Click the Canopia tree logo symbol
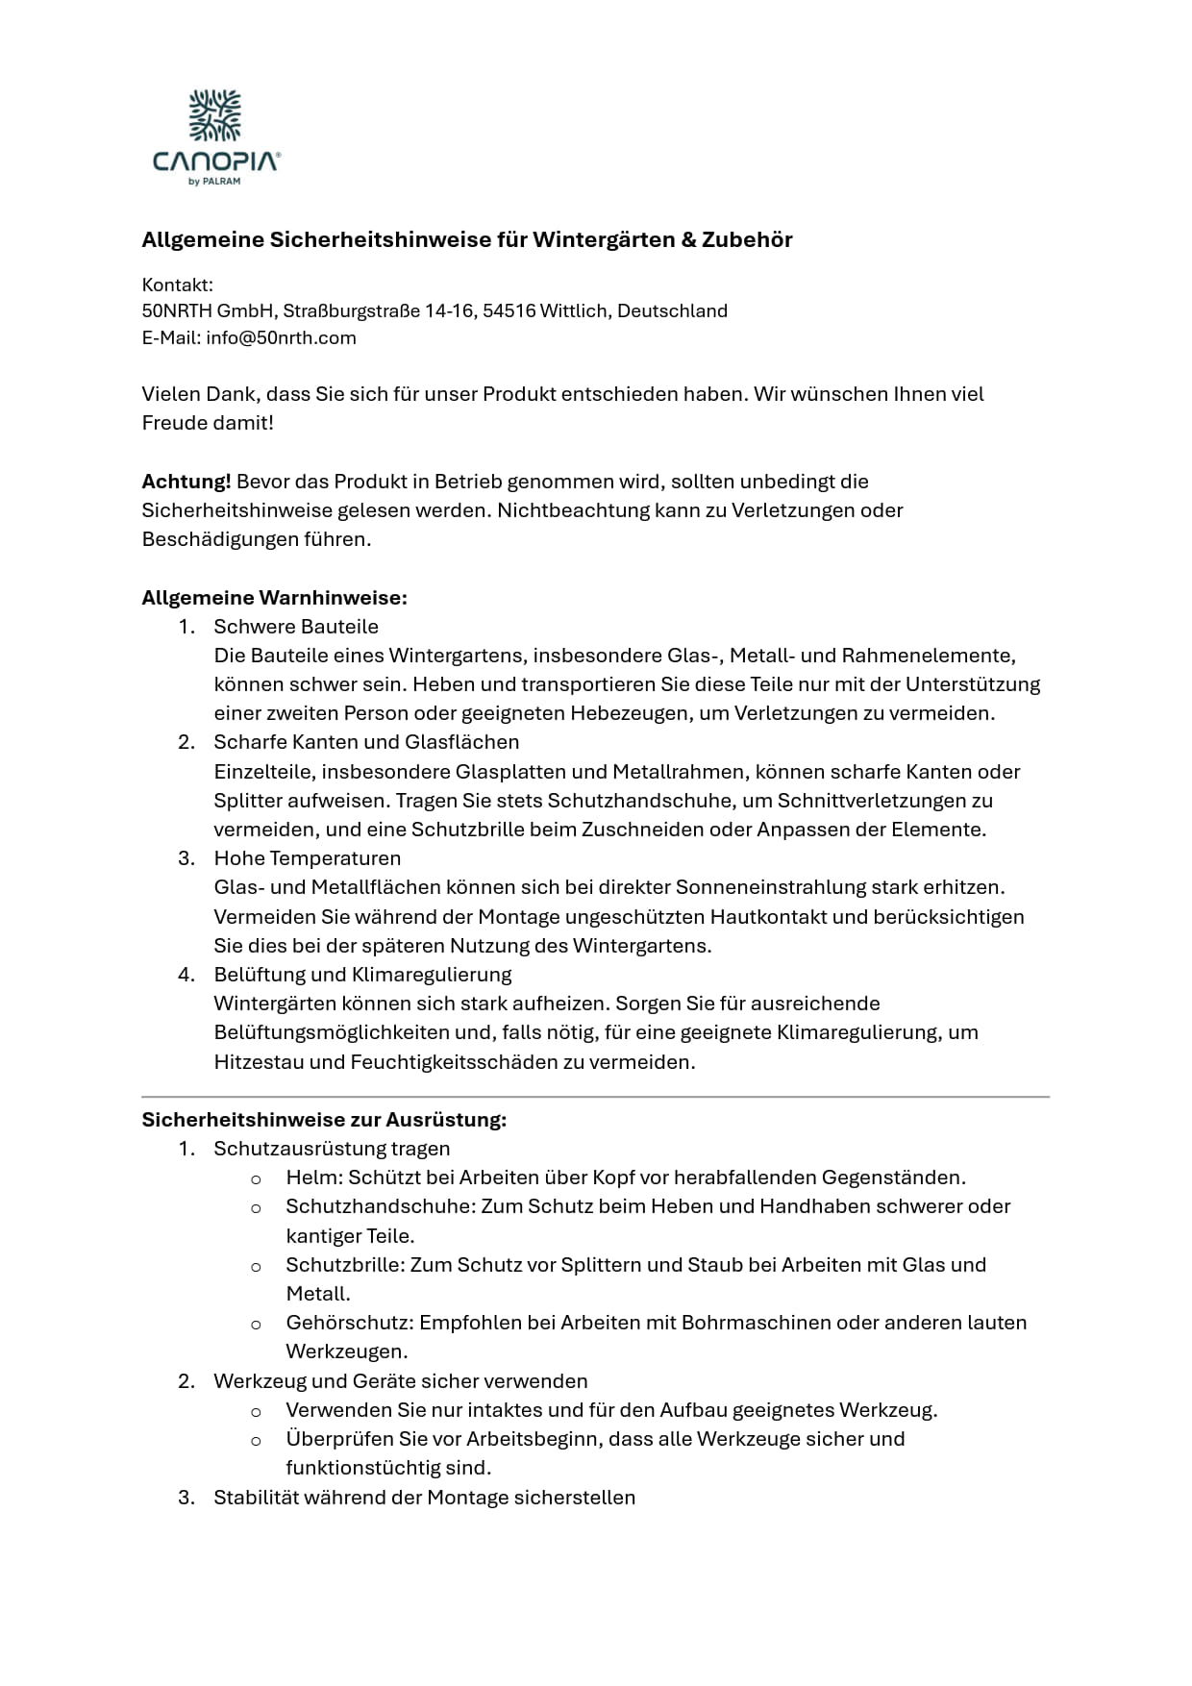pos(214,116)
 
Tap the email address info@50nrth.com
pos(281,337)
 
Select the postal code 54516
pos(509,310)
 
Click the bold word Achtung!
pos(186,481)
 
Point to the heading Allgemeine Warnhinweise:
pos(274,598)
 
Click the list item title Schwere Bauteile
pos(296,627)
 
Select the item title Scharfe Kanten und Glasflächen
pos(366,742)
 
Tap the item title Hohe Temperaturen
pos(307,858)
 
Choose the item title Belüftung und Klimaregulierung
pos(362,975)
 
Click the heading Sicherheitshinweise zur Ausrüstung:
pos(324,1120)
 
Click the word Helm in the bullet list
pos(311,1178)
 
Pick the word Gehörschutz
pos(350,1323)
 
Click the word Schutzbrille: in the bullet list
pos(345,1265)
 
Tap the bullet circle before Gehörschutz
pos(256,1324)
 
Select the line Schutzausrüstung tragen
pos(332,1149)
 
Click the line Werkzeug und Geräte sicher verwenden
pos(400,1381)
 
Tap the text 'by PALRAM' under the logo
pos(214,181)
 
